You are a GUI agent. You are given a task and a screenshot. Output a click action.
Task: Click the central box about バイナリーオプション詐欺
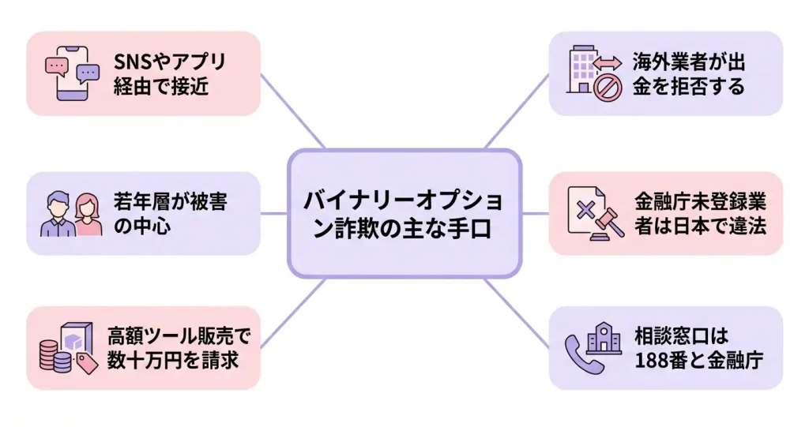click(404, 213)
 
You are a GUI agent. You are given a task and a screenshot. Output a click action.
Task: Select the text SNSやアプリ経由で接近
click(169, 73)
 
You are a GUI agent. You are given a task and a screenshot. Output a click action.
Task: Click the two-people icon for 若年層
click(71, 214)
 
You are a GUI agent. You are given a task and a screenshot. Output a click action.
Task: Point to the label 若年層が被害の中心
click(170, 214)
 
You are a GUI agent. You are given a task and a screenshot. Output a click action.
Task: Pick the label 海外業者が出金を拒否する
click(688, 73)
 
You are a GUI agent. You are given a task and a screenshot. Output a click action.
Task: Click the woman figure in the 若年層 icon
click(89, 214)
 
